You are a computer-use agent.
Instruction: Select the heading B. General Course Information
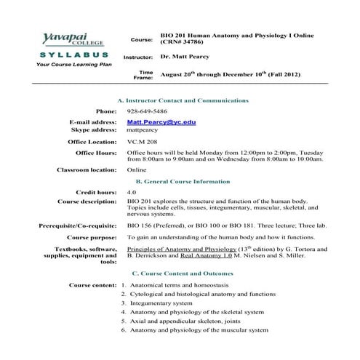[183, 181]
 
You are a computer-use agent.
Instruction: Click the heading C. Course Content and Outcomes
[183, 273]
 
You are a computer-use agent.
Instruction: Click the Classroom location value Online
[137, 169]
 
